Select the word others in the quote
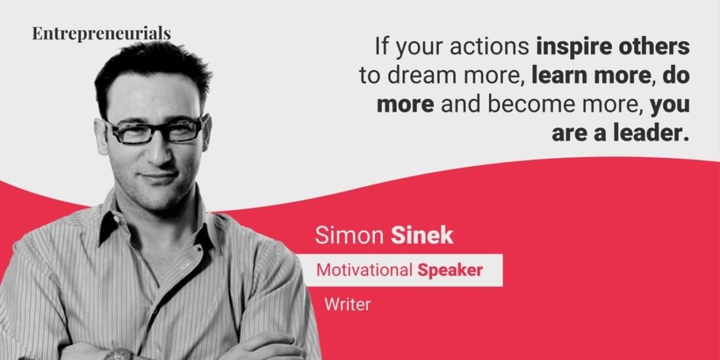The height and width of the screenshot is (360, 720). tap(657, 46)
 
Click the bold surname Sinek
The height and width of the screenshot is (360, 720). tap(422, 235)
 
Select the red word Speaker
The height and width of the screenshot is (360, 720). tap(450, 270)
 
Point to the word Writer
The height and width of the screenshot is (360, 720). tap(348, 304)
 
